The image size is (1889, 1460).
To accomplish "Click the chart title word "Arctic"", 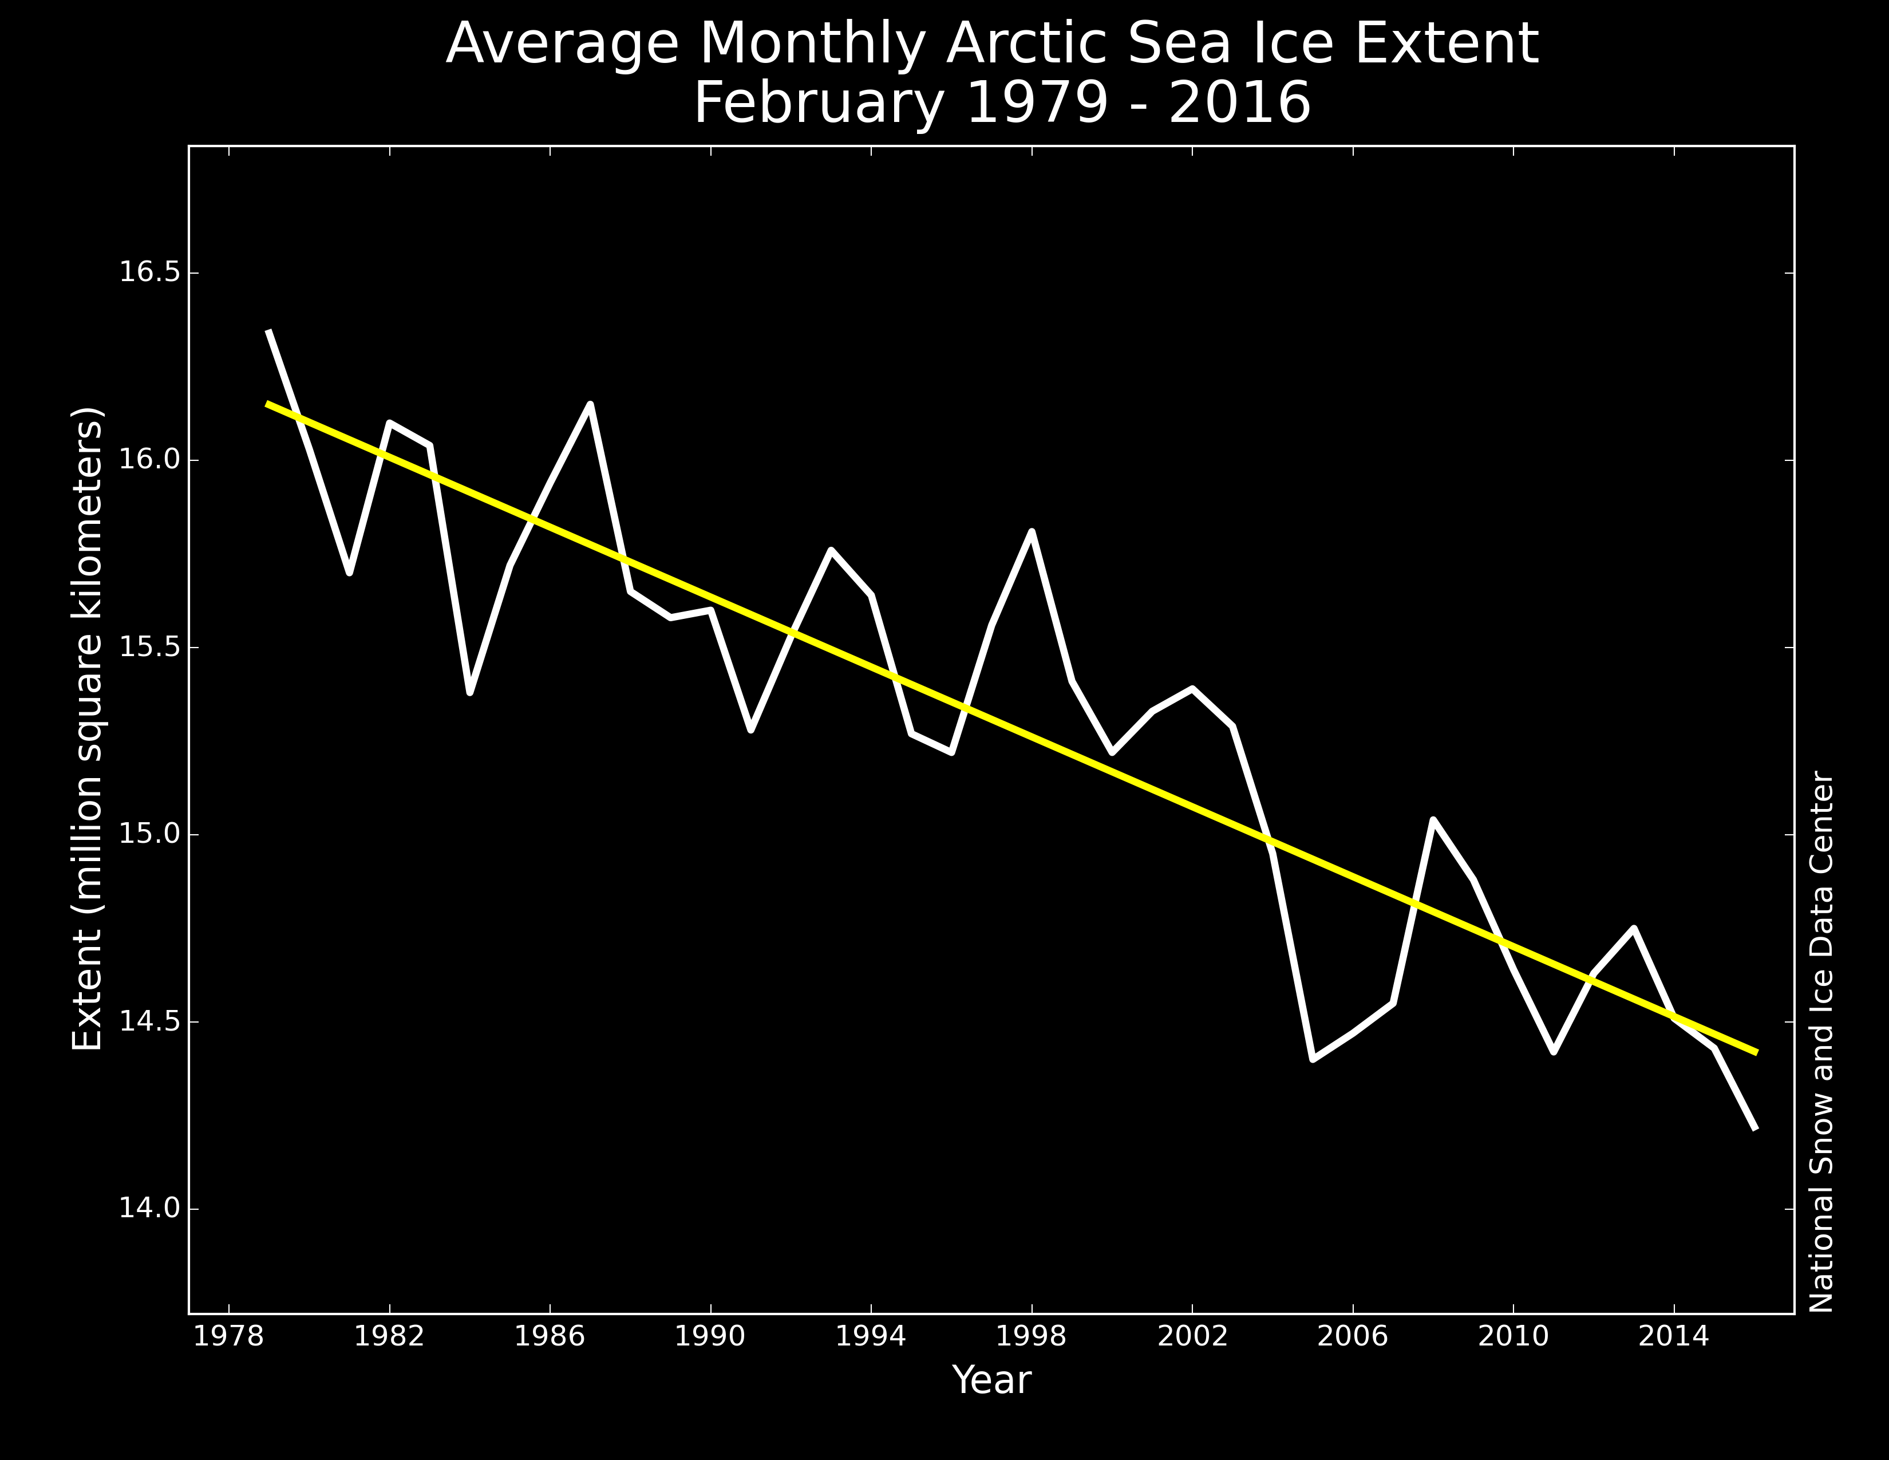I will [1025, 44].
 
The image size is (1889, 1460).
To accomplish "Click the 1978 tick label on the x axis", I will [228, 1336].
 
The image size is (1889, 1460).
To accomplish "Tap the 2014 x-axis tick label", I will [1674, 1336].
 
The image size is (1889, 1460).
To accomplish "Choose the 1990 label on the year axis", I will [710, 1336].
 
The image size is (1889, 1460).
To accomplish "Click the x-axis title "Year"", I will [991, 1380].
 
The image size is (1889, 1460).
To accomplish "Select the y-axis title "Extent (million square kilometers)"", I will [86, 728].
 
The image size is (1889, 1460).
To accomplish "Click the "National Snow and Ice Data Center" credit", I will [1821, 1041].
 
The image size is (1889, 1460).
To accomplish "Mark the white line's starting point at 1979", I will [269, 332].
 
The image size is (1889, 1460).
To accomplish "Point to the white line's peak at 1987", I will [590, 404].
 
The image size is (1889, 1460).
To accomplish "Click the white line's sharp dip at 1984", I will [469, 692].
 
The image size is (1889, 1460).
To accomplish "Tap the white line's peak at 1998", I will [1032, 531].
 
